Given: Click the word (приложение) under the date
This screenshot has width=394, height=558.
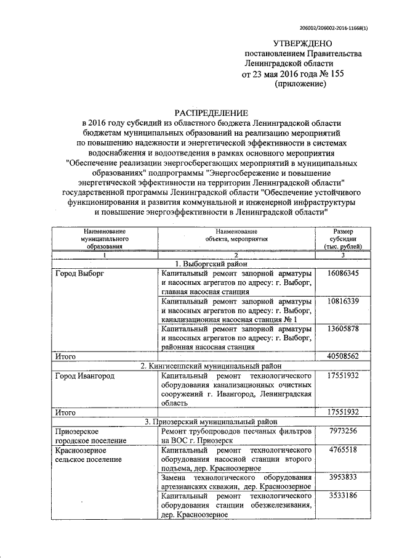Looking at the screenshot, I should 299,84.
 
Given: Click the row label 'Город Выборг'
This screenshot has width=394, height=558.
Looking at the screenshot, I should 79,273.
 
